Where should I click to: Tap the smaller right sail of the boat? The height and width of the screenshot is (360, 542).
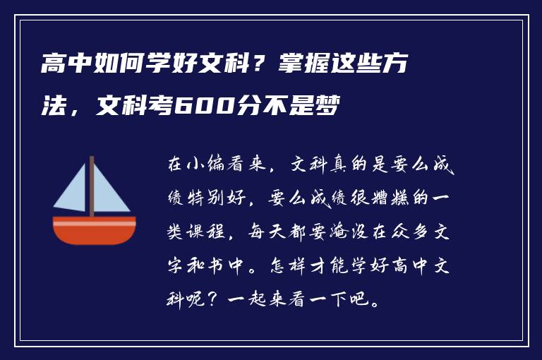tap(110, 193)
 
